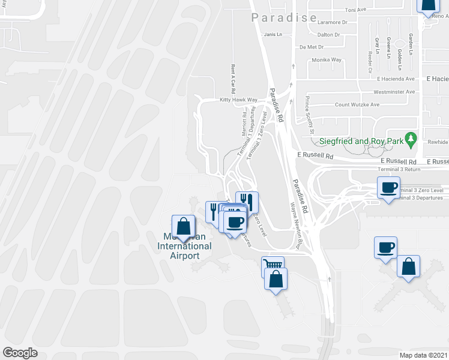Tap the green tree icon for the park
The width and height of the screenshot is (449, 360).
point(411,140)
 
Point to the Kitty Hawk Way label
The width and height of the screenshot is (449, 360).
point(238,100)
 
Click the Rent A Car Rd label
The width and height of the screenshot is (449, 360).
point(230,76)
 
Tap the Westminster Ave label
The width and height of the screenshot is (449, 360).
point(394,92)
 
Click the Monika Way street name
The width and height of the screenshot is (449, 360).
point(327,60)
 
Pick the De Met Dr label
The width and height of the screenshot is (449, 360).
point(312,47)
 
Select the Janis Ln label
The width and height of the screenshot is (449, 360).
point(273,35)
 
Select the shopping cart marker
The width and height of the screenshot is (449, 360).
point(273,265)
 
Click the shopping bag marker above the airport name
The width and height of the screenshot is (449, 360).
point(184,226)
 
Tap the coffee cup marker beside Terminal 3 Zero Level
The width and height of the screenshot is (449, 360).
point(388,188)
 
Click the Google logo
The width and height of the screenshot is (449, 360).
point(20,353)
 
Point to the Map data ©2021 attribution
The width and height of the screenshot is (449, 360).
point(423,355)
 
